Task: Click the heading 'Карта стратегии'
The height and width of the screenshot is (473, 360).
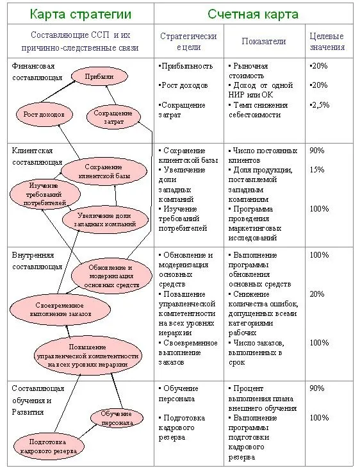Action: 81,14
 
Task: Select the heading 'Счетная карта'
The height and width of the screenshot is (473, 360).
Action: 253,14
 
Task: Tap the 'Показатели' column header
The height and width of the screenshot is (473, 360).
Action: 264,41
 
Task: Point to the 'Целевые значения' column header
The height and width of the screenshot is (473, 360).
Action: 327,42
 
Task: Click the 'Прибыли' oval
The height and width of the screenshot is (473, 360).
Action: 99,76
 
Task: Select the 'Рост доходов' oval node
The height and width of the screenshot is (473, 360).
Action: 44,115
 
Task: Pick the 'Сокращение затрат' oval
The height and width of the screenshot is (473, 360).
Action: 113,117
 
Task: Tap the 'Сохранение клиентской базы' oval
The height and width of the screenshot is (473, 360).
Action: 104,171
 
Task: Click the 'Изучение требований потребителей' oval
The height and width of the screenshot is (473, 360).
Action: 45,194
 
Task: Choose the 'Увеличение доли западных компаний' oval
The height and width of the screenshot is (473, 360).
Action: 105,220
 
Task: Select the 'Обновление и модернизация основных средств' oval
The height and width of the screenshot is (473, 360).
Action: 111,276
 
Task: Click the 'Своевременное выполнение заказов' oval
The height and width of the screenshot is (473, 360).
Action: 60,310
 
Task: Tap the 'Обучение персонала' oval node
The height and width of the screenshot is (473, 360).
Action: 117,418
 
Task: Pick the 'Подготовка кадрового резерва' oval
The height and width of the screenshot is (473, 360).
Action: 48,446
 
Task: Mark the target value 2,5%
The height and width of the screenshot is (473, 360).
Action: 320,105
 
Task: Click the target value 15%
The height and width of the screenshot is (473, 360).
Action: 317,170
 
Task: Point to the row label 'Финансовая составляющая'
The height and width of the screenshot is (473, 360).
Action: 37,72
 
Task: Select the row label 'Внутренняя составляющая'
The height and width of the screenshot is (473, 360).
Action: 37,261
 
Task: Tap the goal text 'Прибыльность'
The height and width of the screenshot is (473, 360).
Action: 186,66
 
